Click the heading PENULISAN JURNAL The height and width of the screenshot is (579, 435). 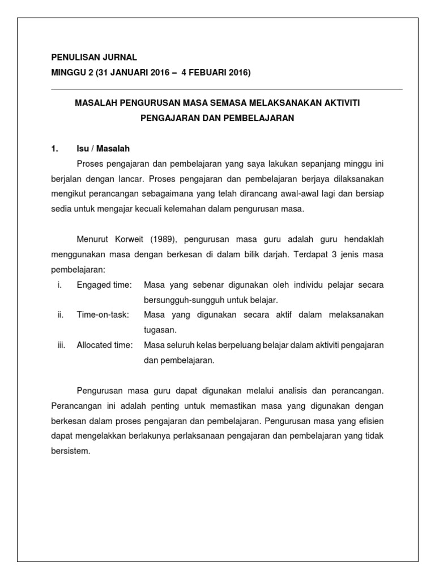pos(93,58)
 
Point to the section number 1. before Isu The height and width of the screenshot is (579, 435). pos(54,149)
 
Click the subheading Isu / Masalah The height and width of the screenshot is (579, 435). pos(103,149)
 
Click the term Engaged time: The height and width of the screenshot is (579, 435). pos(104,284)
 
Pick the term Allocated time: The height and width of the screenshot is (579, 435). pos(105,345)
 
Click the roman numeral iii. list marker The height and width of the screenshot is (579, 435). pos(62,345)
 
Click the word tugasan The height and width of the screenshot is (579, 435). pos(161,330)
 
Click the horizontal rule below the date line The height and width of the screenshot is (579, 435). pos(227,89)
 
